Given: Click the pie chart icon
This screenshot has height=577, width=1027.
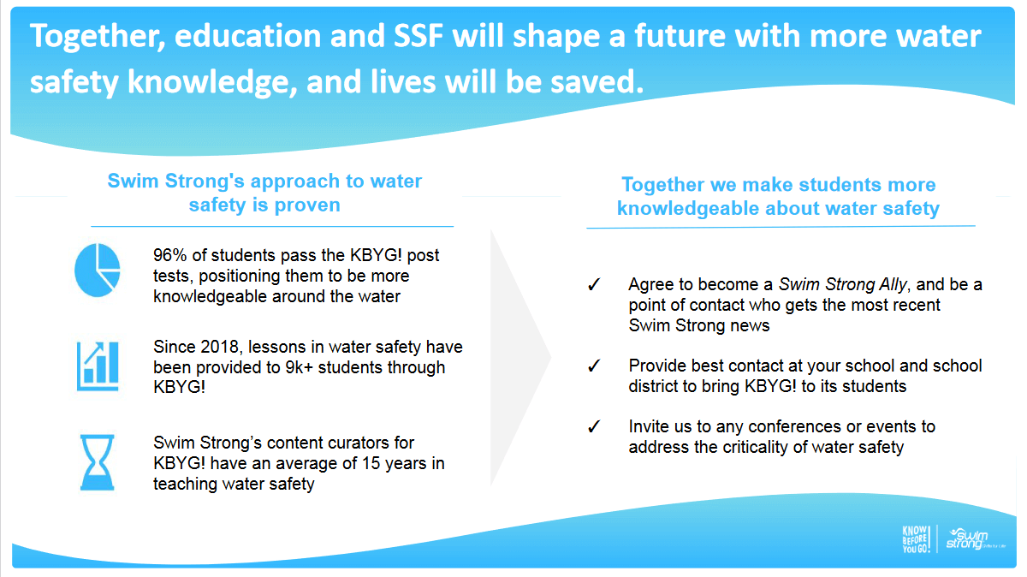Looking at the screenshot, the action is (x=98, y=271).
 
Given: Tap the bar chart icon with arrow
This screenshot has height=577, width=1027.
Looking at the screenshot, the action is (x=98, y=366).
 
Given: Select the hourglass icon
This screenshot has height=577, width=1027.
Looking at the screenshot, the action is (x=98, y=462).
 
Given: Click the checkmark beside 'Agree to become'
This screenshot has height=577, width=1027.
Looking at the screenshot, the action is (x=594, y=285).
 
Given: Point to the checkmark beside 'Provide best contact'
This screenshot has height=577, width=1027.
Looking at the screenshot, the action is (x=594, y=366).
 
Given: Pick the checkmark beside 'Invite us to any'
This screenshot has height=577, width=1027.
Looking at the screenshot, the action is (x=594, y=427).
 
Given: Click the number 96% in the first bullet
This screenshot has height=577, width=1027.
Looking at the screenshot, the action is (x=170, y=255).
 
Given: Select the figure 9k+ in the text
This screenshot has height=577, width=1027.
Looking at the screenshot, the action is (x=300, y=367).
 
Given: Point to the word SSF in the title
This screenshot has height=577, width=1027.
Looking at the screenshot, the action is (x=418, y=36).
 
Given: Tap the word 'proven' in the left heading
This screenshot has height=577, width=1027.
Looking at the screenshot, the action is (x=307, y=205).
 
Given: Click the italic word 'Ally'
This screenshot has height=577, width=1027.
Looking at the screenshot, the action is (x=893, y=285).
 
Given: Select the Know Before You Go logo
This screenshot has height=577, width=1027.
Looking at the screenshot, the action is (x=916, y=539).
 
